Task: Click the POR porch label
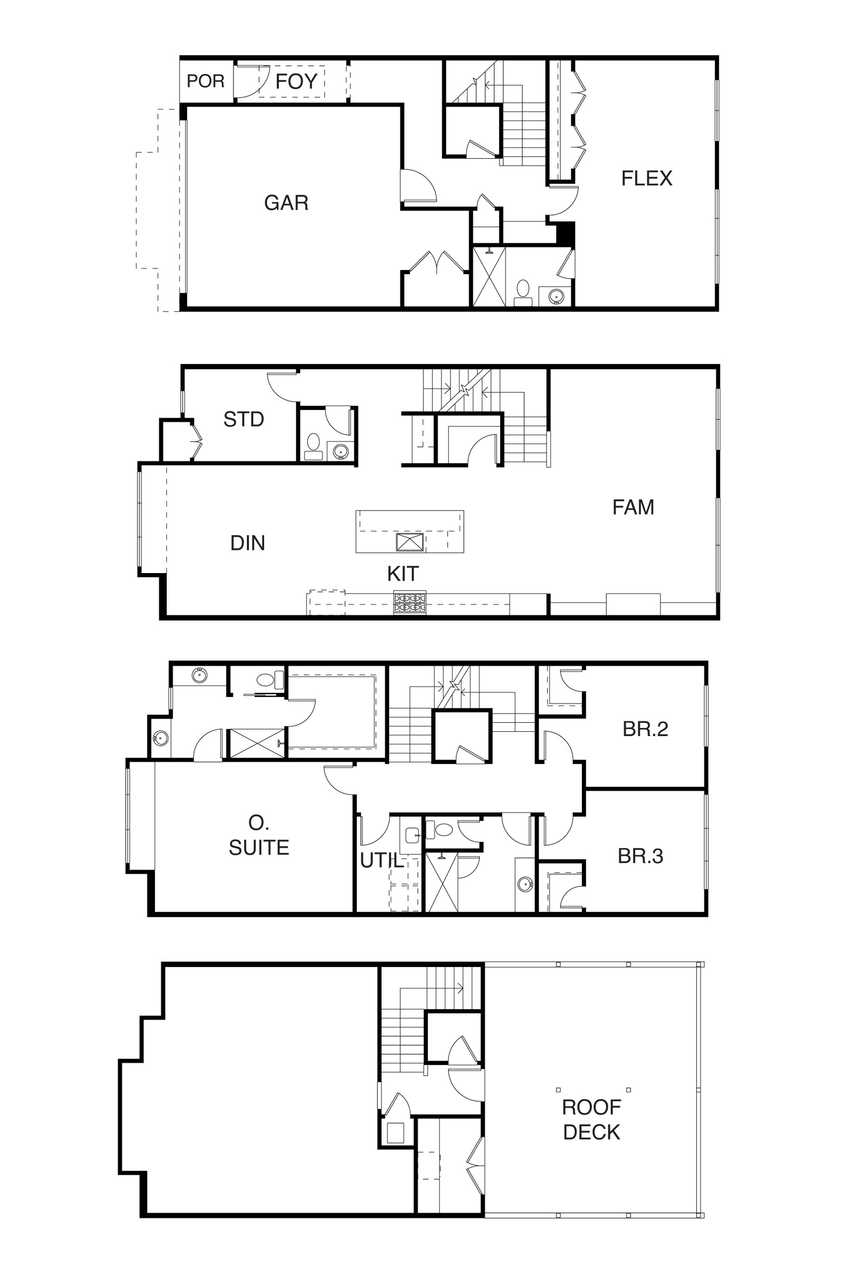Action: coord(206,81)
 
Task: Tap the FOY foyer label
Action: coord(296,81)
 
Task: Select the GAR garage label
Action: coord(286,203)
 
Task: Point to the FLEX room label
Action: coord(647,179)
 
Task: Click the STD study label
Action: coord(244,420)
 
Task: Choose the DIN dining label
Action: coord(247,543)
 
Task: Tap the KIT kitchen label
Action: coord(403,574)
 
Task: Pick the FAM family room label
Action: coord(633,507)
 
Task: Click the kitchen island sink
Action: coord(409,542)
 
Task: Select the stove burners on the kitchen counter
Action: coord(409,602)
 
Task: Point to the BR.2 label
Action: coord(645,729)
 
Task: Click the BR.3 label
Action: coord(640,856)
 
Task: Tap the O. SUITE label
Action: coord(259,835)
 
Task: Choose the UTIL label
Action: coord(382,861)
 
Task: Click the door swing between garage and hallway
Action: coord(419,186)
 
